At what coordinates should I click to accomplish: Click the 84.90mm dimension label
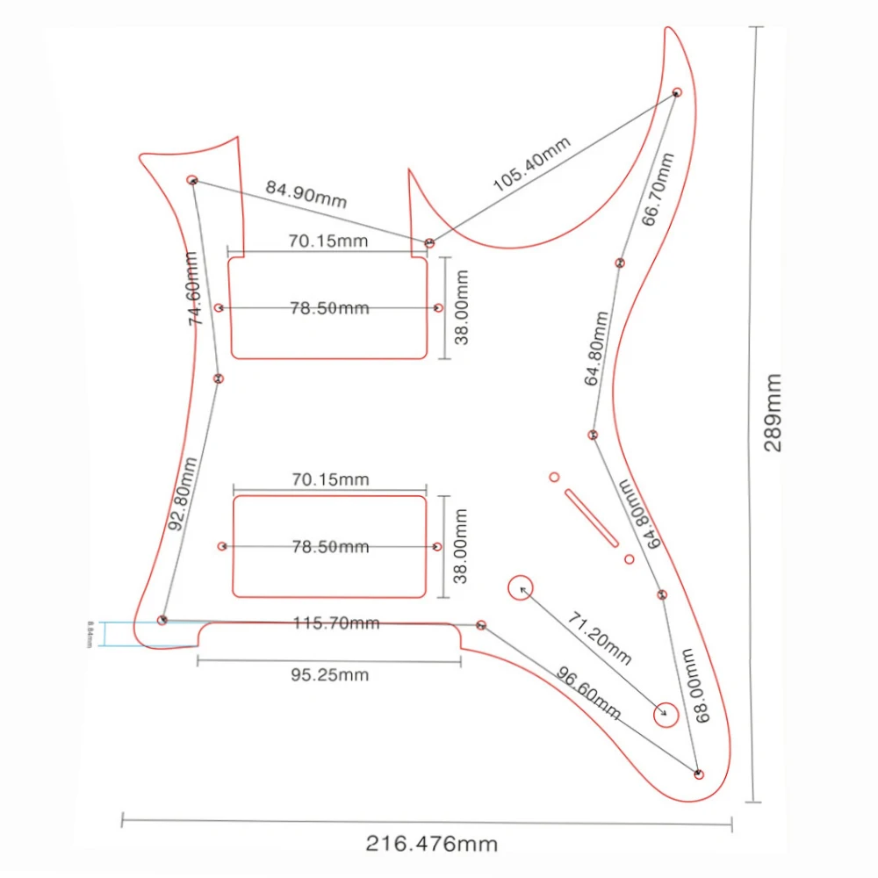306,195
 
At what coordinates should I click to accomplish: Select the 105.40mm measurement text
531,166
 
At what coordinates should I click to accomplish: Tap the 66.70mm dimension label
658,190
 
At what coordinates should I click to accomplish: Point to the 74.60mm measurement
195,289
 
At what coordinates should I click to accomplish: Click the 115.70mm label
337,623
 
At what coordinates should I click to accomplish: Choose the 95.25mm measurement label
329,675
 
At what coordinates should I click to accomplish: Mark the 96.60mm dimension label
589,692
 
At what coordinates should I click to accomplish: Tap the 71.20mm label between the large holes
599,639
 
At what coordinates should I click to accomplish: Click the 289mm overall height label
773,412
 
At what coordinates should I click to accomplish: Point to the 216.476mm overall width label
431,845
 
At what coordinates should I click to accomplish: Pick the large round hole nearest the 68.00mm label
665,712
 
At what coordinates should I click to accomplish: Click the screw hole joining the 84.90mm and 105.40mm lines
429,242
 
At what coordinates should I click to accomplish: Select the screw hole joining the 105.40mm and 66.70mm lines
677,92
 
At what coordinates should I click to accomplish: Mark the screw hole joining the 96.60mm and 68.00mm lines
699,774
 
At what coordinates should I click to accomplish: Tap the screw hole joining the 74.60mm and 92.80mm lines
219,378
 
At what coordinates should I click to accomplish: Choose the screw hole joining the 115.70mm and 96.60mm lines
481,624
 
